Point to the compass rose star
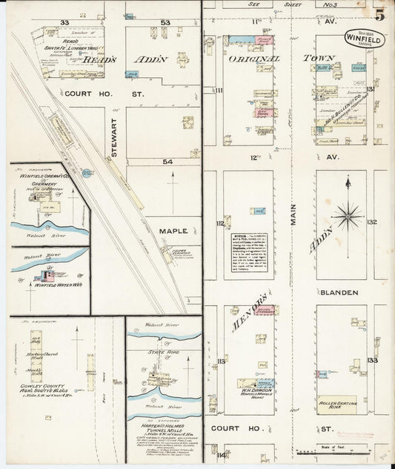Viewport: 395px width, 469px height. click(x=347, y=216)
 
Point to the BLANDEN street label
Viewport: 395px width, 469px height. click(x=339, y=292)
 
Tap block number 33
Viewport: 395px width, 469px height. click(x=64, y=23)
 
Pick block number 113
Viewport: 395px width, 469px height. click(x=219, y=361)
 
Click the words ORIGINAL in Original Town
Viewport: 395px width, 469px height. click(x=253, y=58)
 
